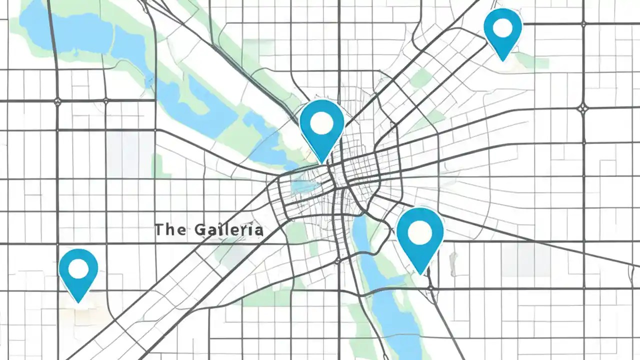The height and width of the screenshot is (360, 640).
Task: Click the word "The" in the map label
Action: click(x=170, y=229)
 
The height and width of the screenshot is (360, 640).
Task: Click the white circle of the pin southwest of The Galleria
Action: click(x=78, y=268)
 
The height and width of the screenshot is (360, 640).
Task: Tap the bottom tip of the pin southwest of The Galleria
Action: click(x=78, y=301)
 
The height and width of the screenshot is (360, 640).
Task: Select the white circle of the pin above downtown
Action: click(x=321, y=121)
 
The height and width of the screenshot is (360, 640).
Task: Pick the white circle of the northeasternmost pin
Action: click(x=502, y=28)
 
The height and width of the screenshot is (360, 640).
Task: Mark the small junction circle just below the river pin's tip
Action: click(x=430, y=288)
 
